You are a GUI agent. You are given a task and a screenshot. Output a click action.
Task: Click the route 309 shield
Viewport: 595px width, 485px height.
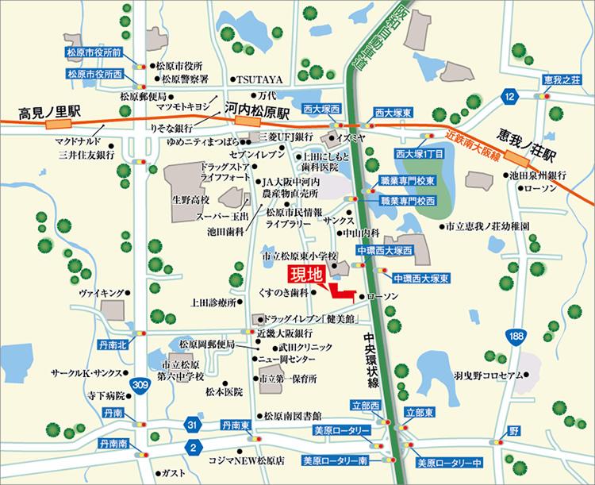point(140,385)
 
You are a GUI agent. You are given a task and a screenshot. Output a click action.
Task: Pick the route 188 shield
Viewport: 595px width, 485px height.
point(516,336)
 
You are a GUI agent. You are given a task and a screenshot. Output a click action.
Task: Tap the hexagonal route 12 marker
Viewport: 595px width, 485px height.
point(508,96)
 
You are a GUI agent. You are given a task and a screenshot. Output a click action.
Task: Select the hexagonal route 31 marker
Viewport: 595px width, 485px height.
point(191,425)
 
